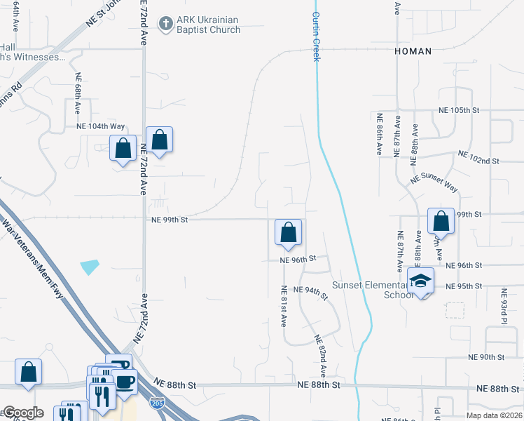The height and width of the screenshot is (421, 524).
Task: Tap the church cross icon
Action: (x=166, y=25)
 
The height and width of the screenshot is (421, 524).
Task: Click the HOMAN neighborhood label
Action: (x=413, y=51)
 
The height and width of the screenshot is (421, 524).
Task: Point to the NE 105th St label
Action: (x=458, y=111)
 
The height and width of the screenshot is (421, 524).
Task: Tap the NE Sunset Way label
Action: (x=434, y=184)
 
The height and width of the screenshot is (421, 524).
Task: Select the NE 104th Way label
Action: (x=100, y=126)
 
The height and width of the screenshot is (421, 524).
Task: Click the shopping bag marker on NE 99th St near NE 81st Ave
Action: (x=288, y=232)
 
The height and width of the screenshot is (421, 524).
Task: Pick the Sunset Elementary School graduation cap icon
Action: (x=420, y=282)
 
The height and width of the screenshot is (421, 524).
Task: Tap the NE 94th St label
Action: (x=310, y=293)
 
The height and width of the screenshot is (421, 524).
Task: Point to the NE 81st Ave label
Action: (x=284, y=306)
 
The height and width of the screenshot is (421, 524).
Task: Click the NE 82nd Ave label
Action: (x=322, y=354)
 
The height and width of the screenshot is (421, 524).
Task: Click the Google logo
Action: (x=23, y=413)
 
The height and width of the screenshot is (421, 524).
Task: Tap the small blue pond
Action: (x=90, y=267)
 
